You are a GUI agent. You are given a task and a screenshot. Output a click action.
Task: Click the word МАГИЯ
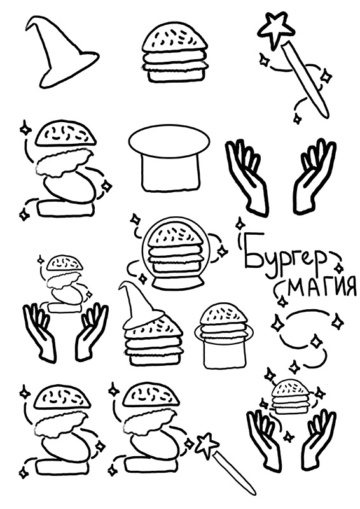pos(321,286)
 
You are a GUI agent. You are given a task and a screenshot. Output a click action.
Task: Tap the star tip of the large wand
pos(276,29)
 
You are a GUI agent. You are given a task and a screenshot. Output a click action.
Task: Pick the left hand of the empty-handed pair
pos(247,177)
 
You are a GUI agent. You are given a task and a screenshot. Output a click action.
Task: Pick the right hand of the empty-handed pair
pos(314,177)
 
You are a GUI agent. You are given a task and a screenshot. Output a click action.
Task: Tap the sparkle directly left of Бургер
pos(240,224)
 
